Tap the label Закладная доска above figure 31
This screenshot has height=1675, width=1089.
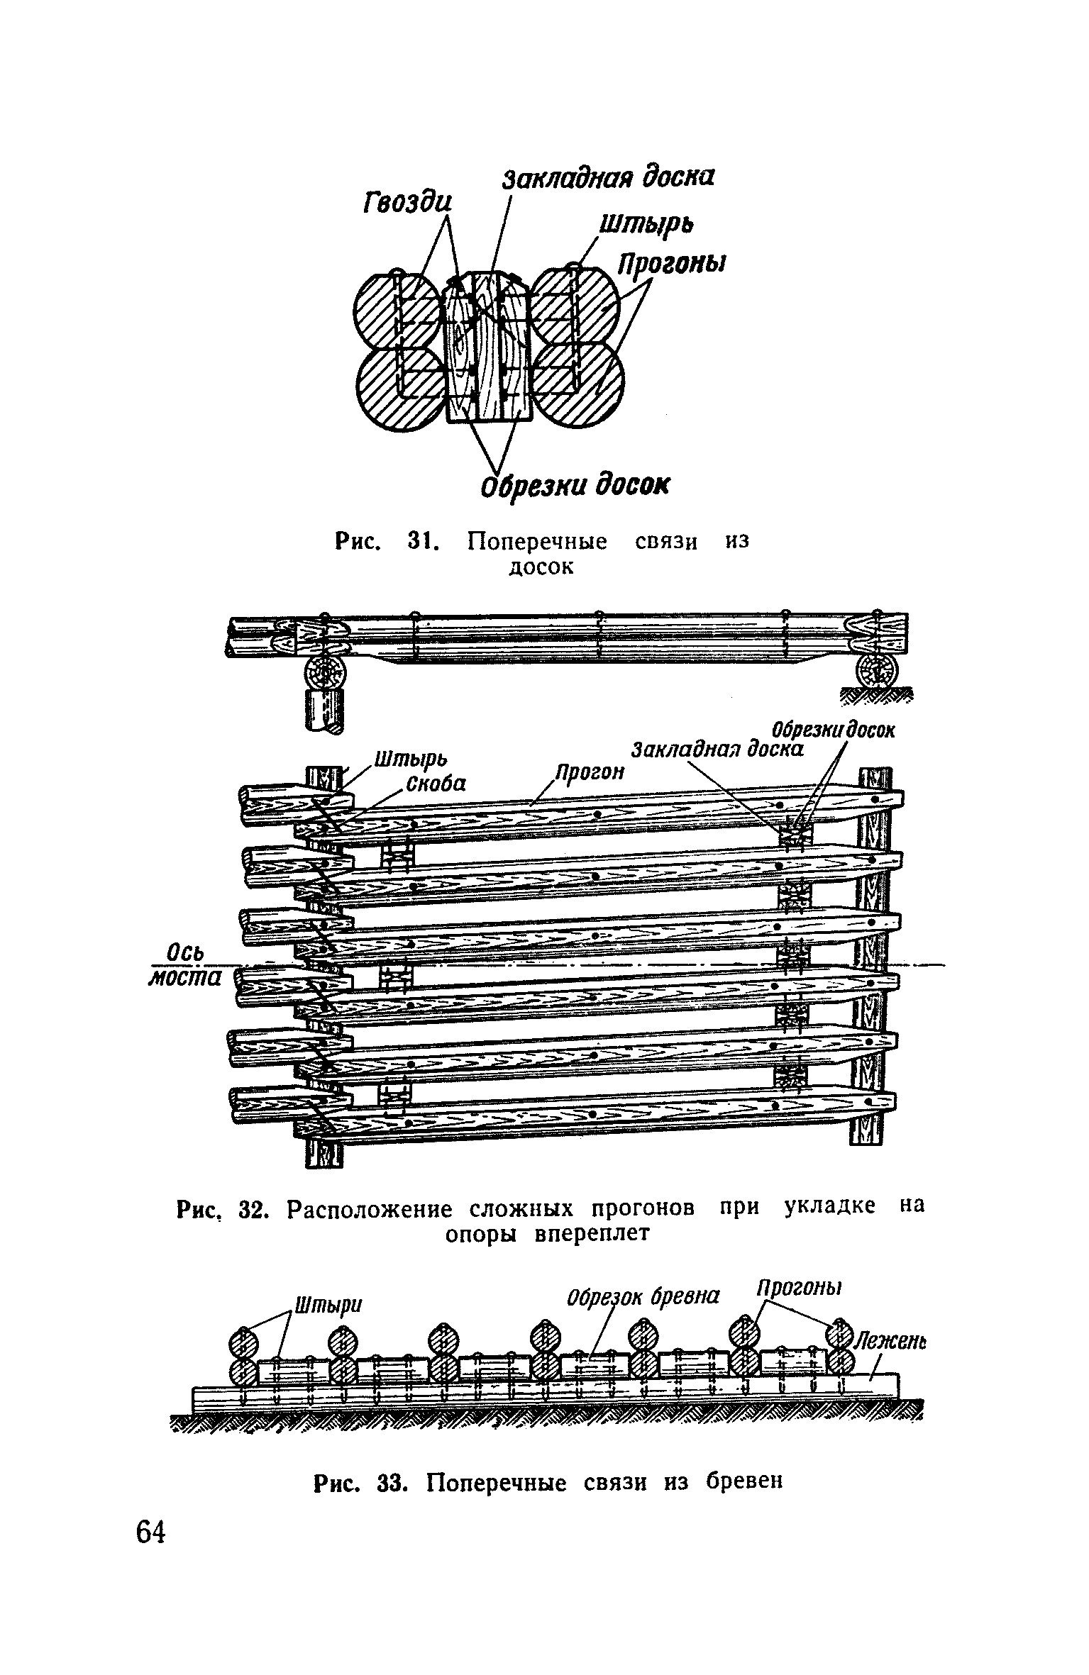608,178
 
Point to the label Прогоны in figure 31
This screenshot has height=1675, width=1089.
673,265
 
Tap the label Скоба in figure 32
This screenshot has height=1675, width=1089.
436,784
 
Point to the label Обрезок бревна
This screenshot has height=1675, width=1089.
643,1296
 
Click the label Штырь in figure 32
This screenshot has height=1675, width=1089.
410,759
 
